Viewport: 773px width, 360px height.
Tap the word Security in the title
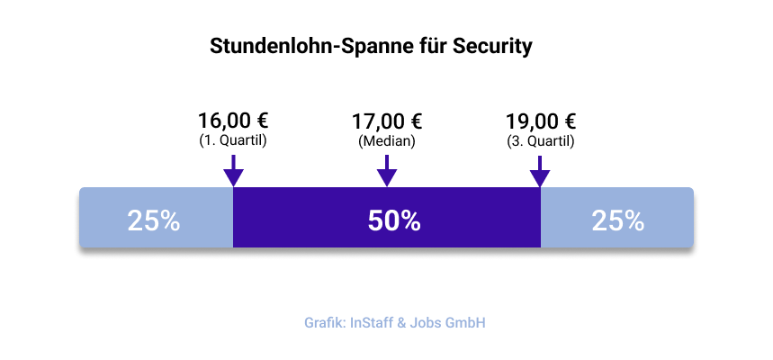coord(493,46)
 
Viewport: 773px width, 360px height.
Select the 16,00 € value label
coord(233,121)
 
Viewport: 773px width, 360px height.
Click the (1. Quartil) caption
coord(233,141)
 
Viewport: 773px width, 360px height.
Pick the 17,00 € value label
coord(387,121)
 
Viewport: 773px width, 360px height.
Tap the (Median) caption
coord(387,141)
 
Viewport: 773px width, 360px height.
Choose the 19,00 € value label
coord(540,121)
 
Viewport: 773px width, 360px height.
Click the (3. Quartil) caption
coord(540,141)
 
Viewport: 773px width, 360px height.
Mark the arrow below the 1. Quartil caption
coord(233,171)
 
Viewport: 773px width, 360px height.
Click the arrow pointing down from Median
coord(387,171)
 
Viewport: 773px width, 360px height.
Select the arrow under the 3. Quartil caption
coord(540,171)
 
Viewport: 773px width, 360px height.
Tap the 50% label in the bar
coord(394,220)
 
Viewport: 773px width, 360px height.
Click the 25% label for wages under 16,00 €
coord(154,220)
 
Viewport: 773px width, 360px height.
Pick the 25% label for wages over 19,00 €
coord(617,220)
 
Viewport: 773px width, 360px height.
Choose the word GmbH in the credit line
coord(471,322)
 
